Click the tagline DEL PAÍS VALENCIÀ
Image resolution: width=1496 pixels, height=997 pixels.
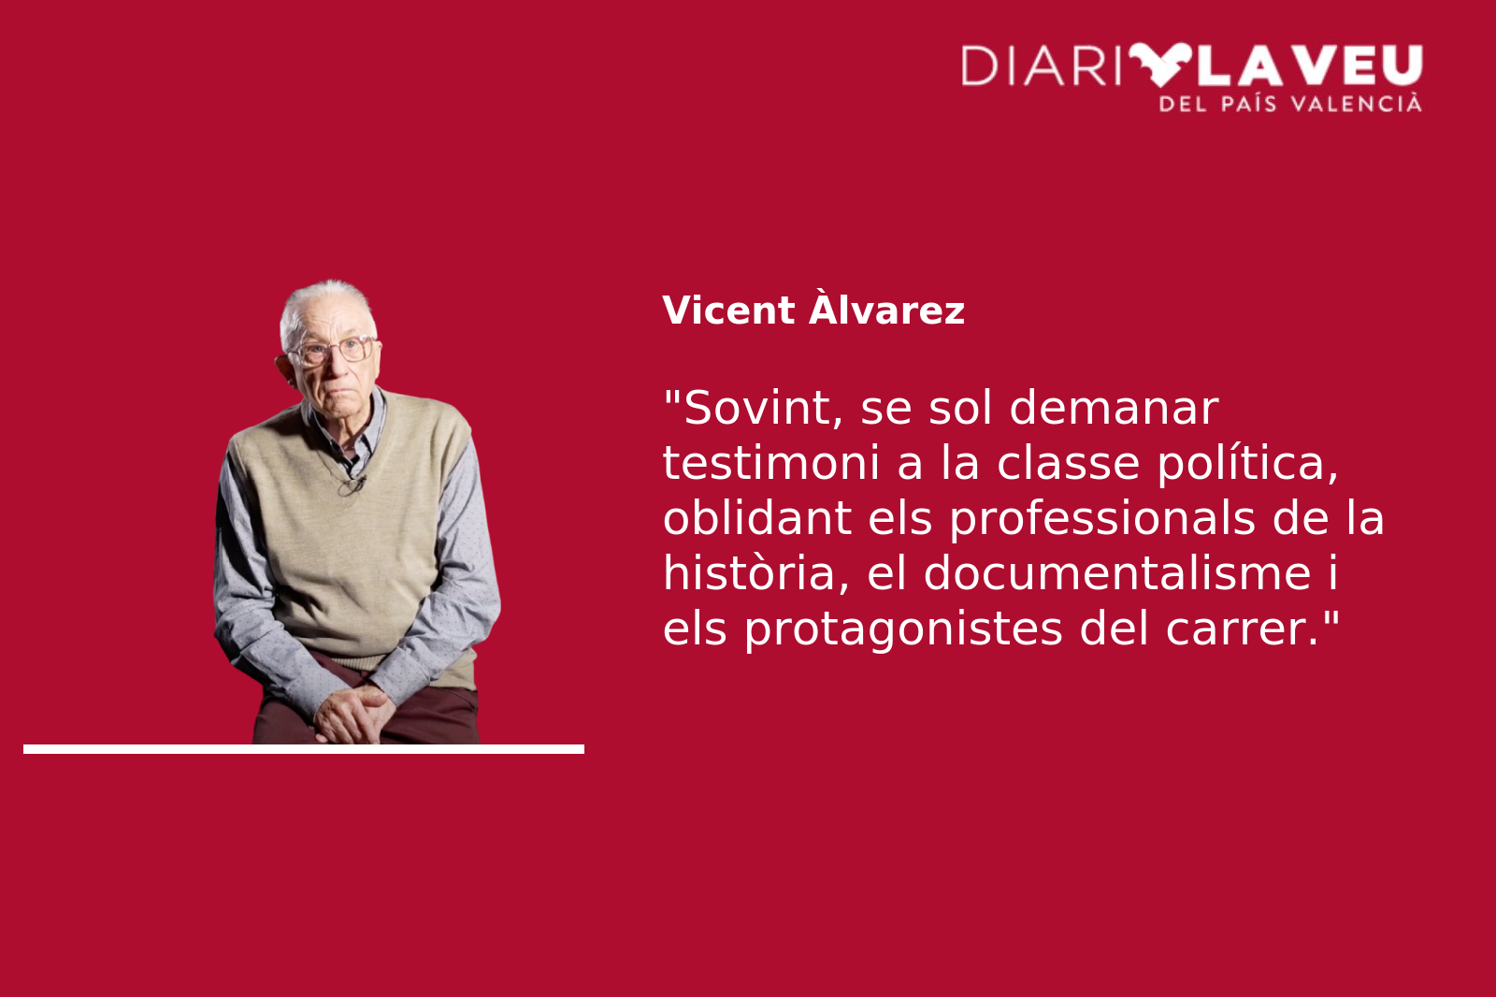click(x=1290, y=104)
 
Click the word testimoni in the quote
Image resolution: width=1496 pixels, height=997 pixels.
click(x=770, y=463)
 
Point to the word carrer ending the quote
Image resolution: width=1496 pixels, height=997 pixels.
click(x=1241, y=629)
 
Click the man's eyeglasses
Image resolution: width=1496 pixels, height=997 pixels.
click(x=333, y=350)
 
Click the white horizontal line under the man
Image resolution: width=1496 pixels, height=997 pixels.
click(x=304, y=749)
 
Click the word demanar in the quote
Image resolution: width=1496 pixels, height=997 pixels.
click(x=1114, y=409)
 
